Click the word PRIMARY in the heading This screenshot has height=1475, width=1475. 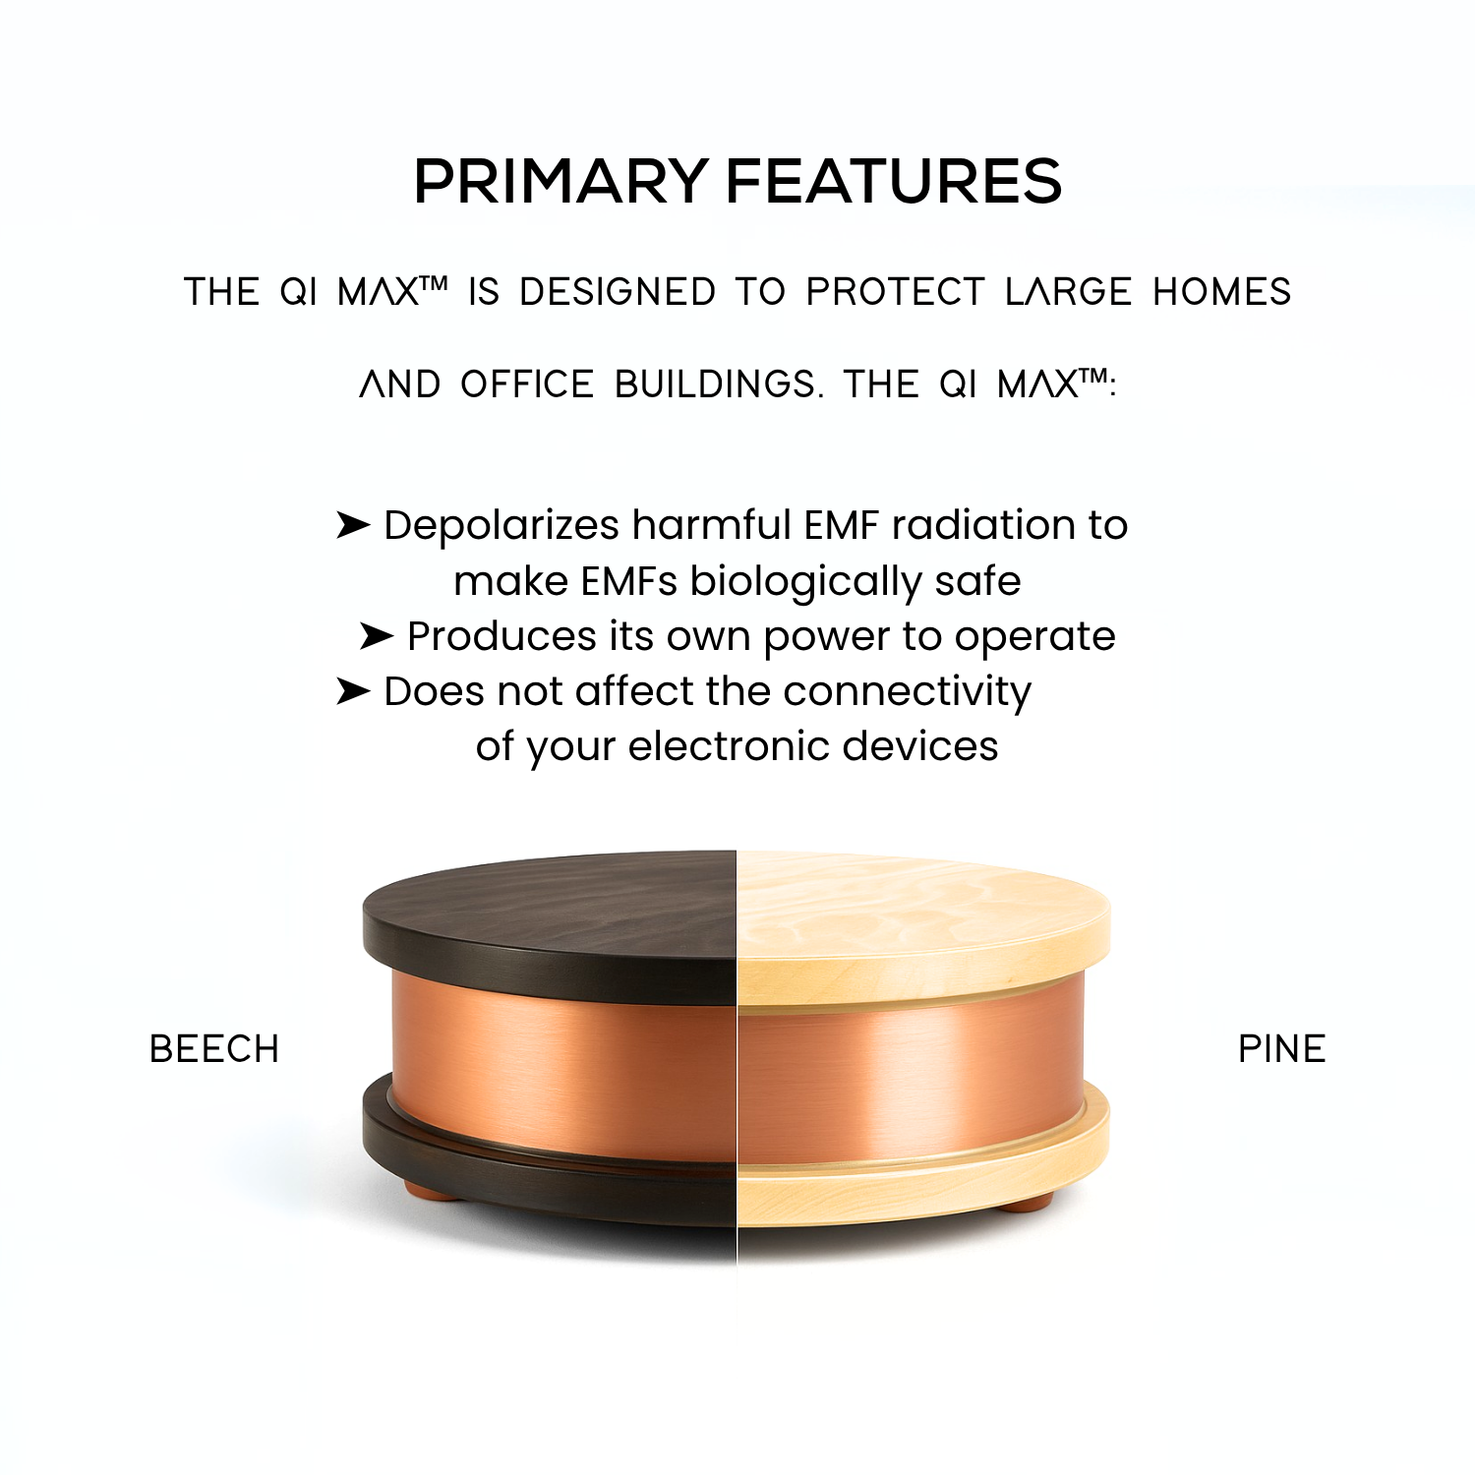560,182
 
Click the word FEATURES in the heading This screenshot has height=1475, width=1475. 894,182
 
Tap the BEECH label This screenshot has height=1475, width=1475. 214,1049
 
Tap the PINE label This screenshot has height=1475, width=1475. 1281,1049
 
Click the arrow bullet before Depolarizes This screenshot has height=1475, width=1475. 352,525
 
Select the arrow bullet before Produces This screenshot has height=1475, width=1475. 376,636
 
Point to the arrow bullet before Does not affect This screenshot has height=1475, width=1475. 352,691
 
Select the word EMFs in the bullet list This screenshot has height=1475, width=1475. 628,581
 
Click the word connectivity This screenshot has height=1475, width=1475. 907,691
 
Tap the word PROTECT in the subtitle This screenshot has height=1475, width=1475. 895,292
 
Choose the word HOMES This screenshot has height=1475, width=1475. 1221,292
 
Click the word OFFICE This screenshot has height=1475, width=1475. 527,384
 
